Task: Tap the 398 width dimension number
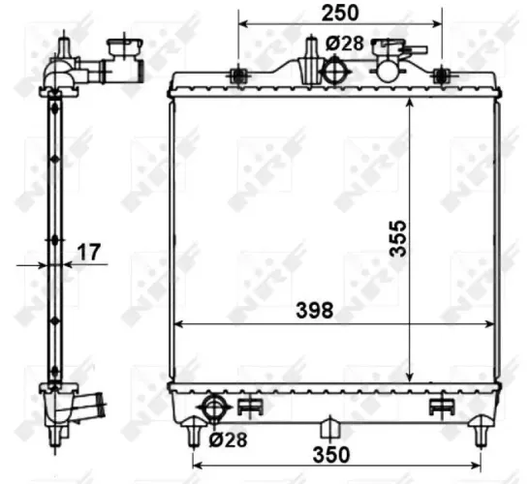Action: point(315,311)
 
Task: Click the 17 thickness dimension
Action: point(89,253)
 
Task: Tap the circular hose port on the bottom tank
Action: point(212,405)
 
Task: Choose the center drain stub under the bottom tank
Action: point(328,426)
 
